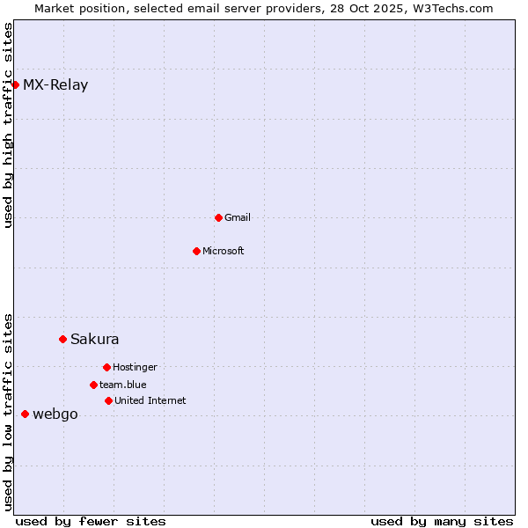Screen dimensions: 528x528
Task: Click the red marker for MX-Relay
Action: click(x=15, y=84)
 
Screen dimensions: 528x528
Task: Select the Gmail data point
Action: click(x=218, y=217)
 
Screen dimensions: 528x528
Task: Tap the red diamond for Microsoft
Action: click(x=196, y=251)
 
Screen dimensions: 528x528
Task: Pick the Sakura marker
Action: click(x=62, y=339)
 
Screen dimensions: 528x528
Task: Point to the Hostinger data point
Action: click(x=106, y=367)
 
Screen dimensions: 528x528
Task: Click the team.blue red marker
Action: click(x=93, y=385)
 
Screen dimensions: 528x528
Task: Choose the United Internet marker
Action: click(x=108, y=400)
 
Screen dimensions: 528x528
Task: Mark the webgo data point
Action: click(x=25, y=414)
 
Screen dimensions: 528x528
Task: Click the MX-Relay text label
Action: click(x=55, y=85)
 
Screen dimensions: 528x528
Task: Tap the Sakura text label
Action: click(x=95, y=340)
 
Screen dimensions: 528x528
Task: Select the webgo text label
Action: click(x=55, y=414)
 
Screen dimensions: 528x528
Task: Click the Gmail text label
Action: click(x=238, y=218)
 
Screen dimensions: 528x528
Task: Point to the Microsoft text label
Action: click(x=224, y=252)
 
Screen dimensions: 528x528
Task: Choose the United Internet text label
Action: click(x=150, y=401)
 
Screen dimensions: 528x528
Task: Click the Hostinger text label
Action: click(x=135, y=368)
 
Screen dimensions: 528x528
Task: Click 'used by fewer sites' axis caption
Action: click(x=91, y=521)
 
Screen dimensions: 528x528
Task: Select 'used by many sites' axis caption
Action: click(x=442, y=521)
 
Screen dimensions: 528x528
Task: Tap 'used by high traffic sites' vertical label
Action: click(x=9, y=125)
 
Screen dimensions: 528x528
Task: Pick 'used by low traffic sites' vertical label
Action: click(x=9, y=411)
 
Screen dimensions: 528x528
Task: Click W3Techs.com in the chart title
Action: click(x=449, y=8)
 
